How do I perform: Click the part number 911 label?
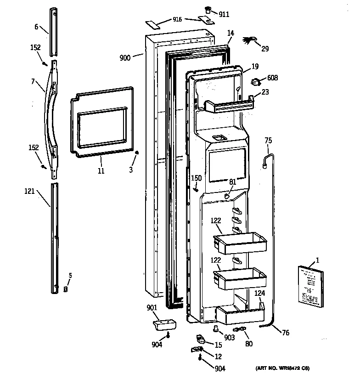(x=224, y=15)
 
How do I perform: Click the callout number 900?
(x=125, y=57)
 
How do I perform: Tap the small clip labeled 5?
(x=65, y=289)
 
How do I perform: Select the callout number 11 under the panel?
(x=101, y=171)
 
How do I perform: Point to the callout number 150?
(x=196, y=178)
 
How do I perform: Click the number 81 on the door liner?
(x=232, y=182)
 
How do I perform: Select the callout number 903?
(x=230, y=338)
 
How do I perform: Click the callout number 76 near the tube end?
(x=285, y=333)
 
